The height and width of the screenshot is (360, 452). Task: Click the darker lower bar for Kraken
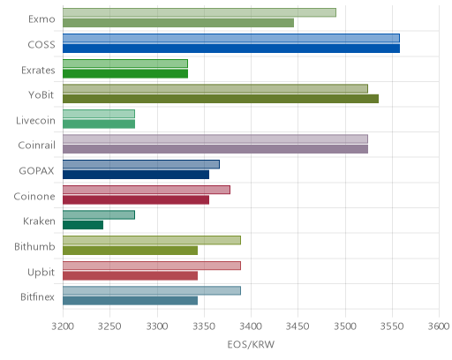coord(83,225)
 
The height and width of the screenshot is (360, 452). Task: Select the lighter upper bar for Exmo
coord(200,12)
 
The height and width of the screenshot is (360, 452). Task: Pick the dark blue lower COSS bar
coord(231,49)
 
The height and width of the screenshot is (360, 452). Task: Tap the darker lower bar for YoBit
coord(221,99)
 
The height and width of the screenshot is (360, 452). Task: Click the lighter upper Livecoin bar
coord(99,114)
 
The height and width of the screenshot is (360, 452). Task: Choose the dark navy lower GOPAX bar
coord(136,175)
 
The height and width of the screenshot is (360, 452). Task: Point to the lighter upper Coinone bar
coord(147,190)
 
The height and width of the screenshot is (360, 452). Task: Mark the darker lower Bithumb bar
coord(130,251)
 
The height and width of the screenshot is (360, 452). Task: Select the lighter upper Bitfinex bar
coord(152,290)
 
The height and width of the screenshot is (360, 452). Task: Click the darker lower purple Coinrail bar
coord(215,149)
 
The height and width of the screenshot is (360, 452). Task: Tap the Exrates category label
coord(38,71)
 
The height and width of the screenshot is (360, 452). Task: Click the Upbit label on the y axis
coord(41,273)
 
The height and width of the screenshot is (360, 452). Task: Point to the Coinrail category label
coord(36,146)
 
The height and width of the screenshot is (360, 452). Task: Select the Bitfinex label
coord(37,297)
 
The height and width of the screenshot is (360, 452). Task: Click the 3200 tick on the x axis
coord(63,326)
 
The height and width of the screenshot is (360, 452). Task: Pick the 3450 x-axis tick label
coord(298,326)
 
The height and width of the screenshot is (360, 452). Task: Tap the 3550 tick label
coord(392,326)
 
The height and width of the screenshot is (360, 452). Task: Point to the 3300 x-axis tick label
coord(157,326)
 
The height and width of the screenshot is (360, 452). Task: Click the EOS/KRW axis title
coord(251,344)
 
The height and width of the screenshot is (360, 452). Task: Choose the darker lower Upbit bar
coord(130,275)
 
